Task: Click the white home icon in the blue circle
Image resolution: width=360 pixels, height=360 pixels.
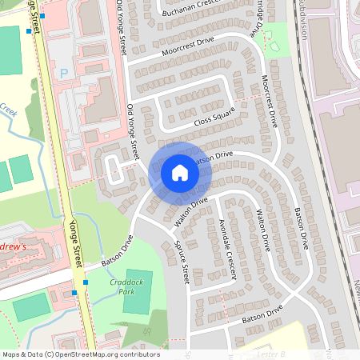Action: (179, 173)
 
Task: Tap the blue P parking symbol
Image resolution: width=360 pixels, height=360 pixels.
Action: (63, 74)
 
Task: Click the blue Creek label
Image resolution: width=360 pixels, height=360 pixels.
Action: (8, 109)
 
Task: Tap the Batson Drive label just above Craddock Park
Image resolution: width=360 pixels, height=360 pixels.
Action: (116, 252)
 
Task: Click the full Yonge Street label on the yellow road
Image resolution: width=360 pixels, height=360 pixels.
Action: (76, 244)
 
